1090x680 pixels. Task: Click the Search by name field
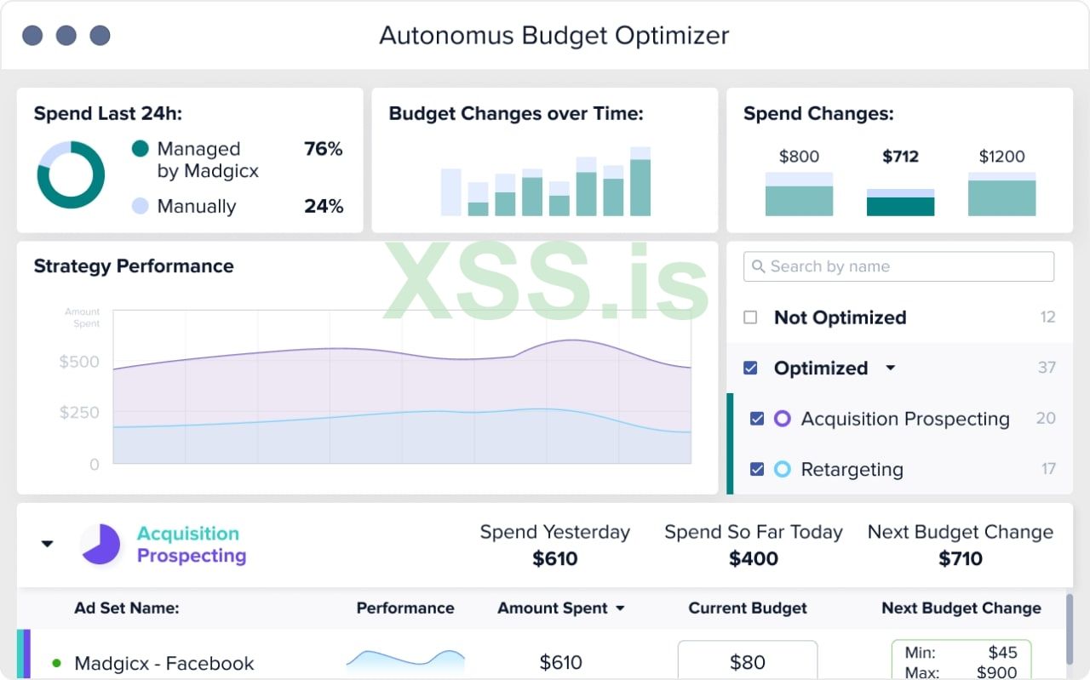pyautogui.click(x=898, y=266)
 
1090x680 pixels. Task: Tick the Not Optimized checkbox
pyautogui.click(x=750, y=317)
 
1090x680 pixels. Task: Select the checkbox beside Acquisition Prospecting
pyautogui.click(x=756, y=419)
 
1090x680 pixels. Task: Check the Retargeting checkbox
pyautogui.click(x=756, y=469)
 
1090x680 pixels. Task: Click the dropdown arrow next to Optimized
pyautogui.click(x=891, y=369)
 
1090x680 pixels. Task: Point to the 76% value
pyautogui.click(x=323, y=149)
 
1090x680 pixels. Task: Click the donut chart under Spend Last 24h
pyautogui.click(x=71, y=174)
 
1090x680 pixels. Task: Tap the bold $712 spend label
pyautogui.click(x=901, y=157)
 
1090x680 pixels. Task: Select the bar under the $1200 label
pyautogui.click(x=1001, y=195)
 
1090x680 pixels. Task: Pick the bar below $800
pyautogui.click(x=799, y=195)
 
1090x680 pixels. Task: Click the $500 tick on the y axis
pyautogui.click(x=79, y=362)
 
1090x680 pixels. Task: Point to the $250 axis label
pyautogui.click(x=79, y=413)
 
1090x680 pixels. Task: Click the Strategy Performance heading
pyautogui.click(x=134, y=266)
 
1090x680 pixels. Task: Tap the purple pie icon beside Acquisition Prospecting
pyautogui.click(x=101, y=544)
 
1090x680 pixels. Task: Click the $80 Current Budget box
pyautogui.click(x=747, y=661)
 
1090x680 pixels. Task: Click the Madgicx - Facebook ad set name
pyautogui.click(x=164, y=663)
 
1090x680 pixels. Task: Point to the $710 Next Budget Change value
pyautogui.click(x=961, y=558)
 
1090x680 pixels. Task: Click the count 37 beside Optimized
pyautogui.click(x=1047, y=368)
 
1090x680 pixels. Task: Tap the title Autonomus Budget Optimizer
pyautogui.click(x=554, y=36)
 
